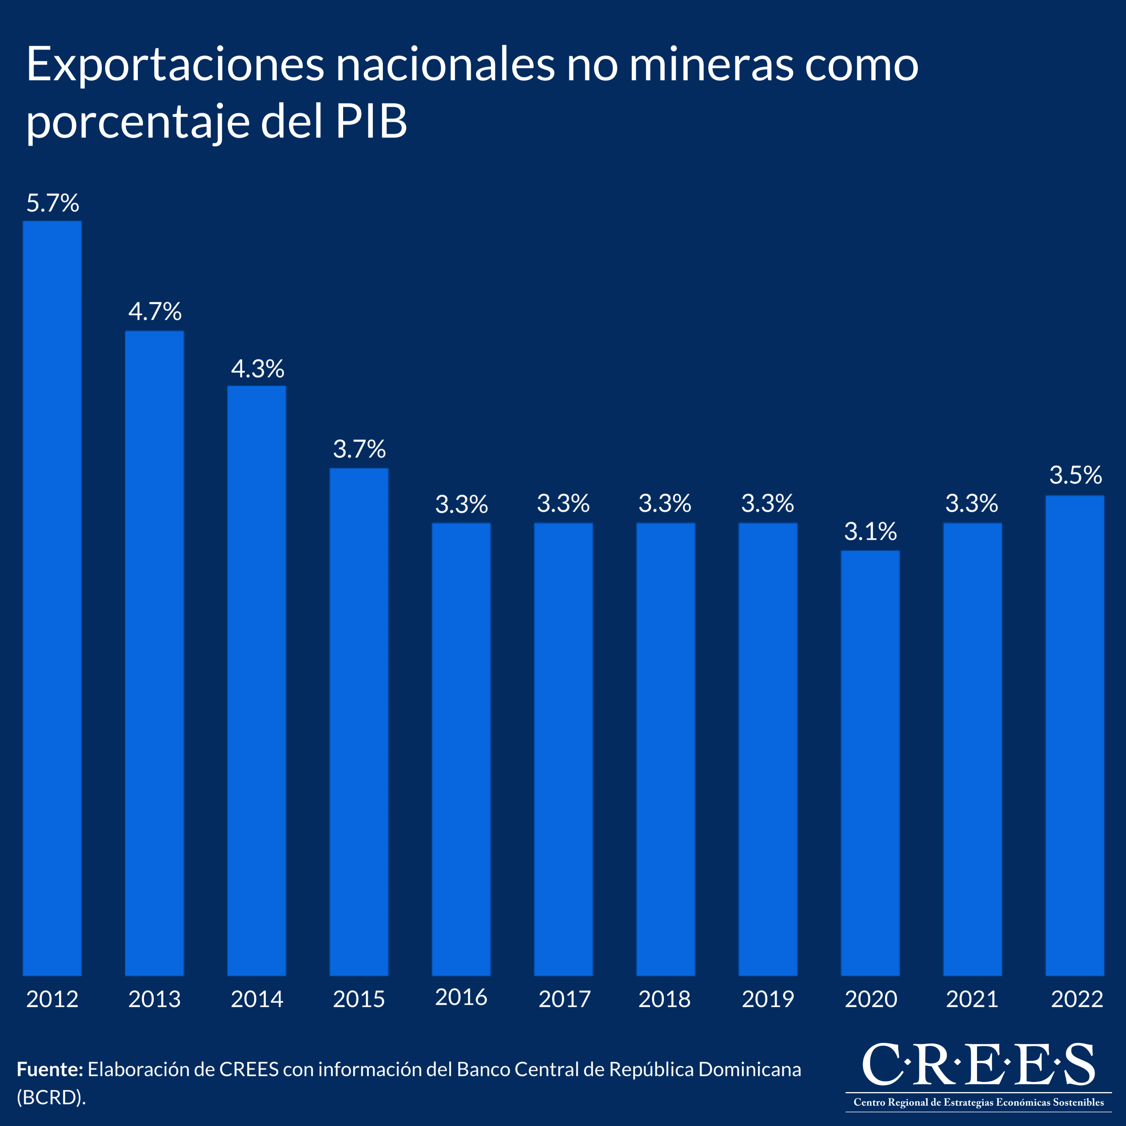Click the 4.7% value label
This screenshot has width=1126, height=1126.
click(155, 312)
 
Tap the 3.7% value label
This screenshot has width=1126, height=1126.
click(359, 449)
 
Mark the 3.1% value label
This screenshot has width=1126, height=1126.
click(870, 531)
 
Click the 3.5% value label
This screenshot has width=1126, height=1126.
click(1075, 475)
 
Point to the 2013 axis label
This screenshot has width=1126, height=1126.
click(154, 999)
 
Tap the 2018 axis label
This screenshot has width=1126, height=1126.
click(665, 999)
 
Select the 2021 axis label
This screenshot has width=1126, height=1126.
click(972, 999)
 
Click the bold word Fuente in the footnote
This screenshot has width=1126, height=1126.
click(49, 1069)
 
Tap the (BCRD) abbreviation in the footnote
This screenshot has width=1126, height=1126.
click(51, 1097)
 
